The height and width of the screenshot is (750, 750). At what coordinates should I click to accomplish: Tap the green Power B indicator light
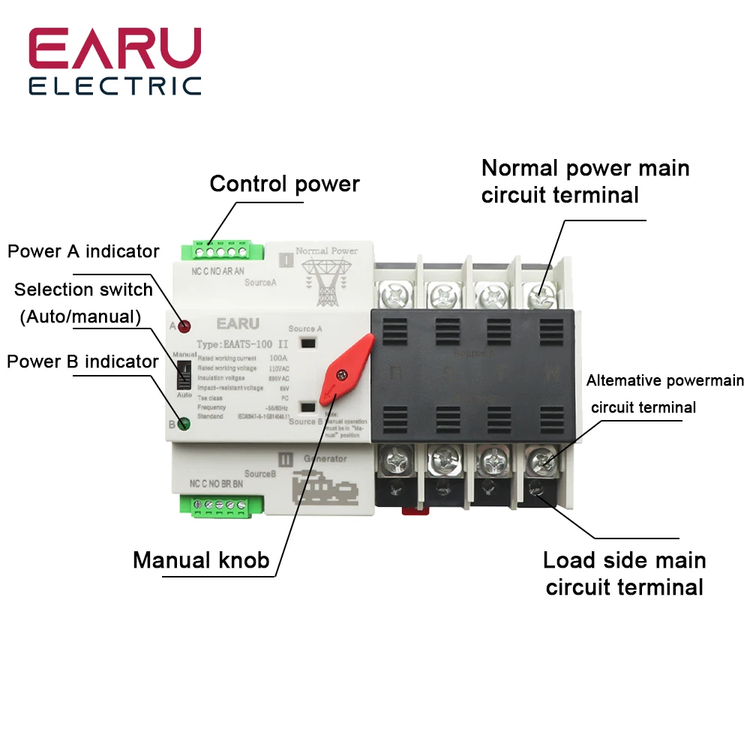(184, 424)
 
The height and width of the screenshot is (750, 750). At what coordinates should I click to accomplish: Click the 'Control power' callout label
(284, 184)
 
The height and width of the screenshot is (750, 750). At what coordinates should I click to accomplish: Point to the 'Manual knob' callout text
(201, 559)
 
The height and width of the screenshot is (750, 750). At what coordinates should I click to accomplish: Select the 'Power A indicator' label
(83, 251)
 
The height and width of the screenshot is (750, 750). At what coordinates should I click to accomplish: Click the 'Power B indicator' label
(82, 361)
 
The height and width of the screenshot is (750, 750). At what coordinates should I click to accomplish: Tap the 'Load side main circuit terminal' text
(625, 573)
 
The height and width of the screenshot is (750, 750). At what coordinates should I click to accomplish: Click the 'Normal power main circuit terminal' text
(585, 181)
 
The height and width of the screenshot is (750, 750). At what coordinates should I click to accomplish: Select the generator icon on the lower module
(324, 485)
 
